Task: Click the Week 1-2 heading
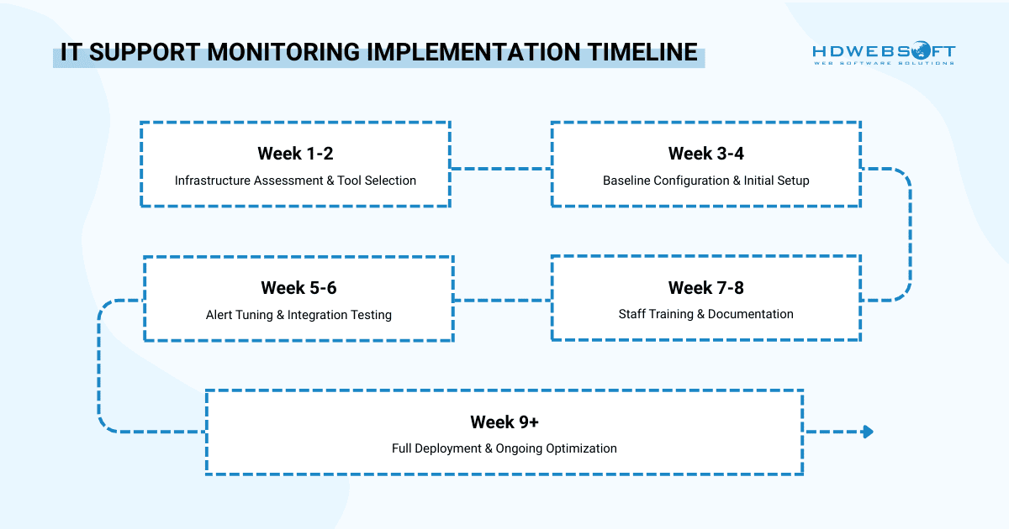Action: click(x=295, y=154)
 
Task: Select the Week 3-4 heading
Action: click(x=705, y=154)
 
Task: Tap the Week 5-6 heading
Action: click(x=298, y=288)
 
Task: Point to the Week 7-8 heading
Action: click(x=705, y=288)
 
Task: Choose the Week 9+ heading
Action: click(x=504, y=422)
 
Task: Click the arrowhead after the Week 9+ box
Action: click(x=867, y=432)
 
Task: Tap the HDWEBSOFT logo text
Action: click(x=884, y=51)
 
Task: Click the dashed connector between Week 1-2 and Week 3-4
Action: click(x=500, y=169)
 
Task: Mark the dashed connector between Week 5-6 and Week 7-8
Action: click(x=502, y=300)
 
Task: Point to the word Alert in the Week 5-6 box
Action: click(x=220, y=315)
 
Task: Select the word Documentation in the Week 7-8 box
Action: click(x=751, y=314)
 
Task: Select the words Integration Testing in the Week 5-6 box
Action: click(x=340, y=315)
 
